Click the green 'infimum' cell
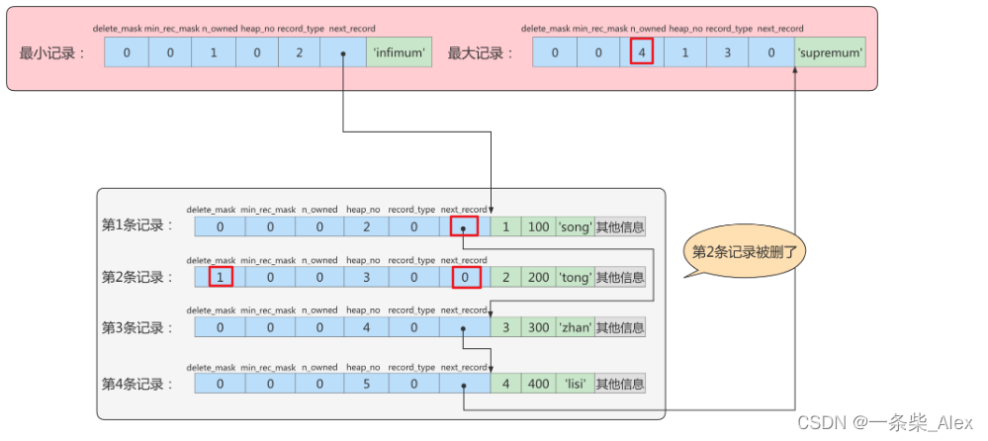tap(400, 52)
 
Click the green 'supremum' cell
tap(830, 52)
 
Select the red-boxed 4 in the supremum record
tap(642, 52)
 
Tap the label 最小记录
tap(51, 53)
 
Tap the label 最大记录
tap(481, 53)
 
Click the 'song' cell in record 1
tap(575, 227)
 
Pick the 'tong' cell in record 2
tap(575, 277)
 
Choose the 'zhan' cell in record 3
tap(575, 326)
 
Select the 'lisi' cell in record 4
tap(575, 384)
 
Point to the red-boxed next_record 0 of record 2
tap(464, 277)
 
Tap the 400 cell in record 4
tap(538, 384)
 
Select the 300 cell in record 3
tap(538, 326)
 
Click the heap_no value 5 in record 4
tap(367, 384)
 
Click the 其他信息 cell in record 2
tap(620, 277)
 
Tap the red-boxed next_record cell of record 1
tap(464, 227)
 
